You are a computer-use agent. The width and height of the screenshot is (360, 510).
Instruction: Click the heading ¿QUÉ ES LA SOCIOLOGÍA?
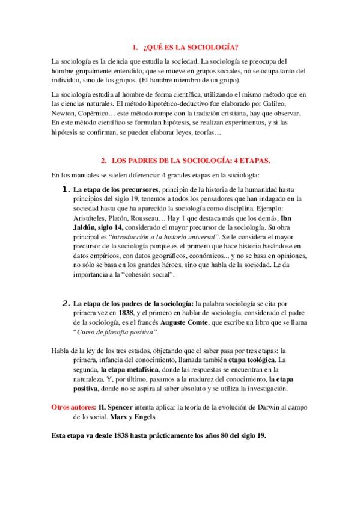coord(188,47)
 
